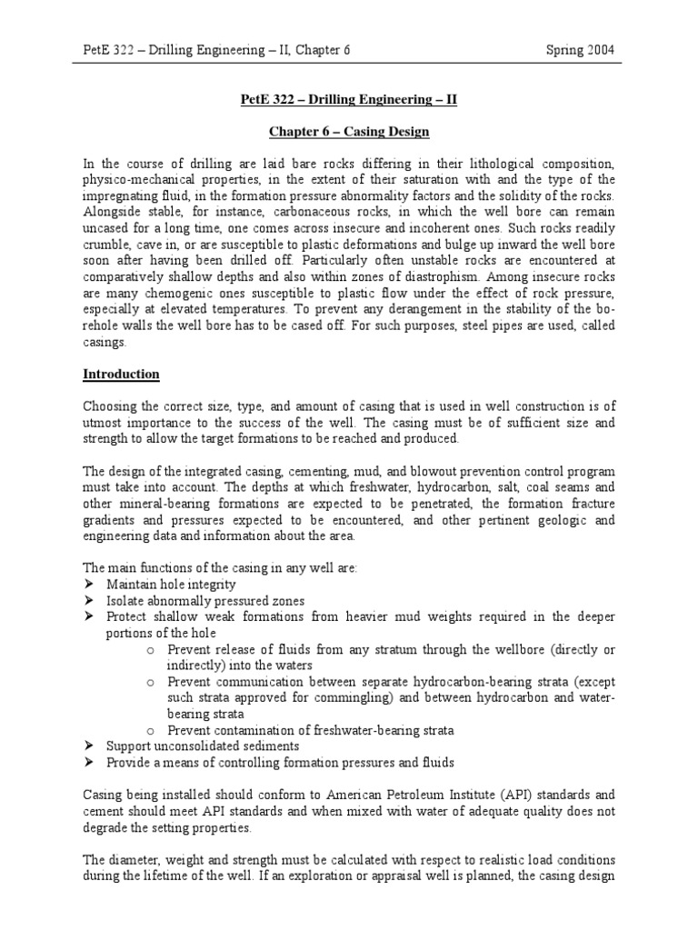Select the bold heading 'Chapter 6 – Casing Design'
click(x=349, y=132)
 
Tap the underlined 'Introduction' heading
click(x=121, y=374)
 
